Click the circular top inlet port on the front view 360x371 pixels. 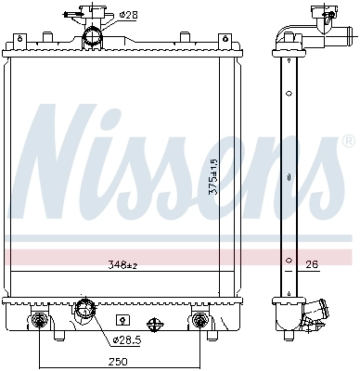click(x=93, y=37)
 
